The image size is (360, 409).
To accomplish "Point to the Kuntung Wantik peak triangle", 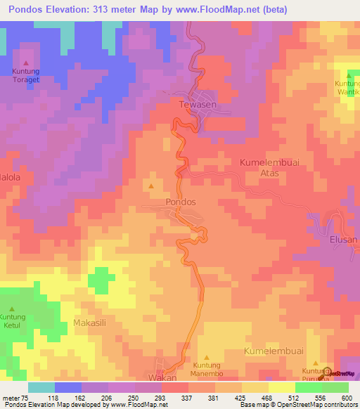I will (349, 74).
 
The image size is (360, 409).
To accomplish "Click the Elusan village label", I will (344, 240).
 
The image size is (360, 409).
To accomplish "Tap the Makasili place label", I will (90, 323).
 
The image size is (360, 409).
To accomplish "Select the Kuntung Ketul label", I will (12, 321).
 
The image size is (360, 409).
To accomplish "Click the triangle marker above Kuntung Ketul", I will (12, 308).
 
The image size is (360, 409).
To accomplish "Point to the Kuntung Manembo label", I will (207, 370).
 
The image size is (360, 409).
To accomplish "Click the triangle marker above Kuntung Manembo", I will (207, 357).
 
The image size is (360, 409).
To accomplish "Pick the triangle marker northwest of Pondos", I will (151, 186).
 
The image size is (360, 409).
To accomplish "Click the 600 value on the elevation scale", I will (346, 397).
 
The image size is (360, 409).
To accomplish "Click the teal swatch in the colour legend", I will (41, 387).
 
